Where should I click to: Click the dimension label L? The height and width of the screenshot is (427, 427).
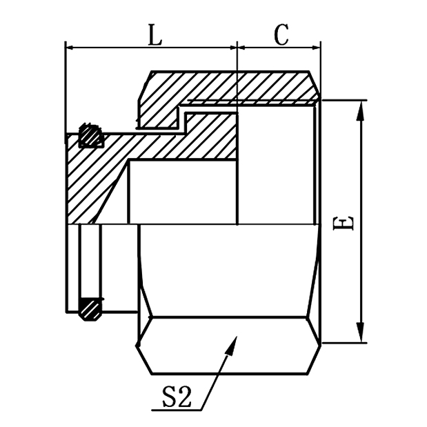pos(155,35)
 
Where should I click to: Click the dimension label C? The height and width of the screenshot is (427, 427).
pos(281,35)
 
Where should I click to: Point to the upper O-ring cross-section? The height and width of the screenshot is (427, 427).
pos(90,135)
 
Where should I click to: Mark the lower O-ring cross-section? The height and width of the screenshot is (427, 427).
pos(90,308)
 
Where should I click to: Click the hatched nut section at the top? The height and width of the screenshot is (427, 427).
pos(228,86)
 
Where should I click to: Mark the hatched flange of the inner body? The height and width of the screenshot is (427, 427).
pos(93,186)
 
